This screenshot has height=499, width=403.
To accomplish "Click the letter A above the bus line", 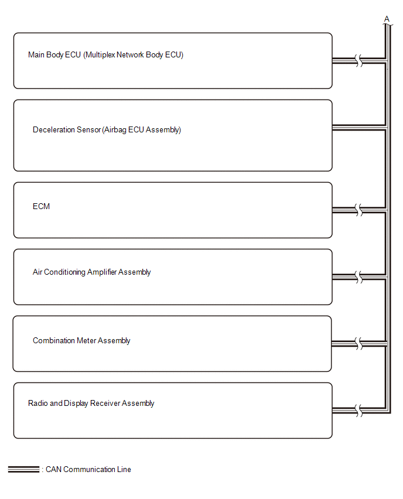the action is point(387,19).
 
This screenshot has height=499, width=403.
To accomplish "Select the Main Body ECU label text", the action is point(105,54).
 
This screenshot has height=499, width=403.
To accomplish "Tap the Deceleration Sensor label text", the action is point(107,130).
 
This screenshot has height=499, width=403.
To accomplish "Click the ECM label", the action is point(41,206).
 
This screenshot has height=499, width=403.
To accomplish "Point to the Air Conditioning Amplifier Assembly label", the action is point(92,272).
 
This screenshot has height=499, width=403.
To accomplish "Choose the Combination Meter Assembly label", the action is point(81,340).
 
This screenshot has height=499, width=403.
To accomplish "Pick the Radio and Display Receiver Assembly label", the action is point(91,403).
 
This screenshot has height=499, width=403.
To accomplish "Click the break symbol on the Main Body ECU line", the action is point(358,60).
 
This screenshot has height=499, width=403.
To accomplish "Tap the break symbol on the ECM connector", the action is point(358,210).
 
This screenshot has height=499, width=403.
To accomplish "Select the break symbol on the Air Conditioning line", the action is point(358,277).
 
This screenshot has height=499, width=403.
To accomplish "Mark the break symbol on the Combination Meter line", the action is point(358,344).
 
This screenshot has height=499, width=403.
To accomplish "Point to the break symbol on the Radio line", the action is point(358,411).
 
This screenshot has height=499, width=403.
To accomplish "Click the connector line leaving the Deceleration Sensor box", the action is point(359,128).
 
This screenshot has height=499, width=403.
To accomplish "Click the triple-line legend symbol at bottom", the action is point(23,469).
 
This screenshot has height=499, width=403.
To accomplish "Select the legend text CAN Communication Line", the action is point(88,469).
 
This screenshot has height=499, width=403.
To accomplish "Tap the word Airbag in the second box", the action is point(115,130).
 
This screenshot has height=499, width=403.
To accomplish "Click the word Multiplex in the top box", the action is point(101,54).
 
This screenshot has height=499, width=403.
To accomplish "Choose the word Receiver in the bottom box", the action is point(105,403).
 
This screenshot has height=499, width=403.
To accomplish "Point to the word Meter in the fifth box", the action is point(87,340).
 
